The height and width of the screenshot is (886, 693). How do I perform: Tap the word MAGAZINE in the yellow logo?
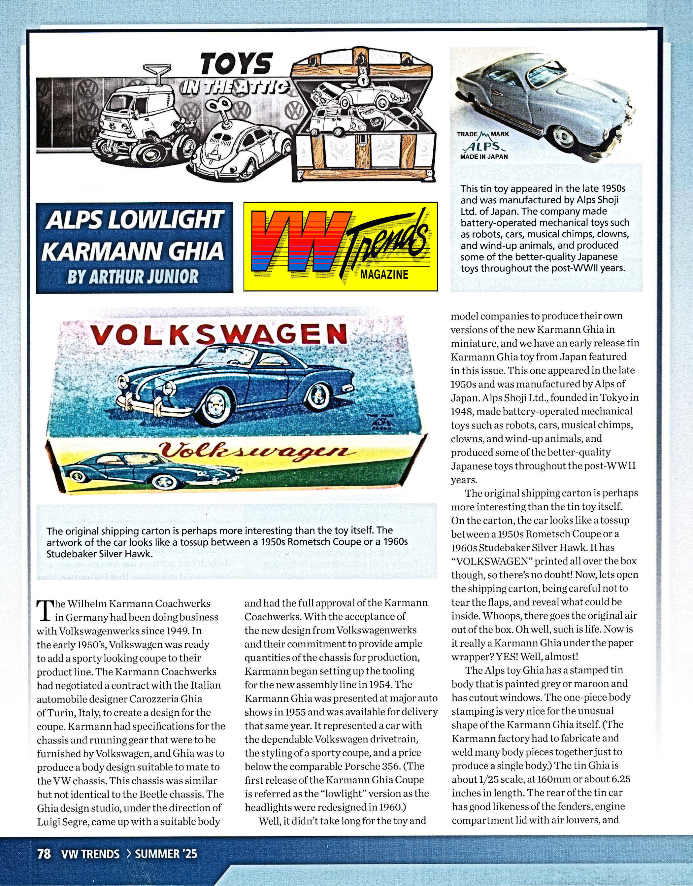(x=384, y=275)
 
